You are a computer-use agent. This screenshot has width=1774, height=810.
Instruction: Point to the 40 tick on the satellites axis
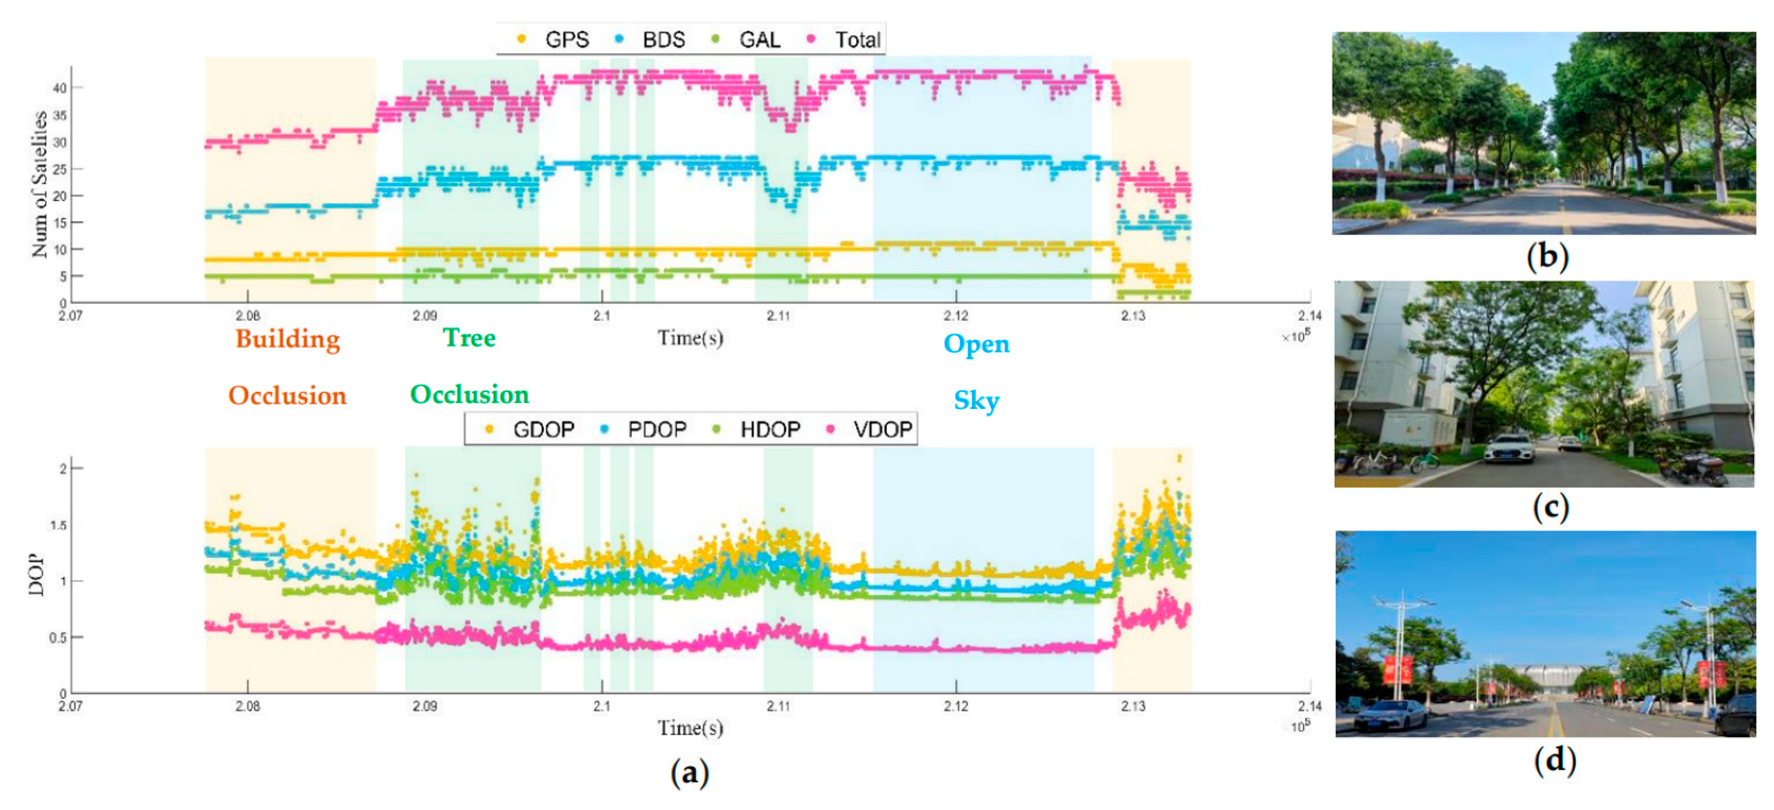(x=61, y=88)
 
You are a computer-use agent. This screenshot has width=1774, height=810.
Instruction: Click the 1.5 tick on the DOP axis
(x=59, y=525)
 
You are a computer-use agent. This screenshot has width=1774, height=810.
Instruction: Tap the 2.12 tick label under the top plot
(x=956, y=316)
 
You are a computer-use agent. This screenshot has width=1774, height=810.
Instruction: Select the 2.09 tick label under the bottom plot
(x=424, y=706)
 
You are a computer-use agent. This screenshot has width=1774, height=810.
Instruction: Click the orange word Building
(x=288, y=339)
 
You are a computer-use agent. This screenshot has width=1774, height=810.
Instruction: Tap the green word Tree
(x=469, y=338)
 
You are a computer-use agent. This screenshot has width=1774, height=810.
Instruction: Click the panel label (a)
(x=690, y=772)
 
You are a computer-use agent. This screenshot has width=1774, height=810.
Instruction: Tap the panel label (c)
(x=1550, y=507)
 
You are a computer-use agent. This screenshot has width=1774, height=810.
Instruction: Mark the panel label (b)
(x=1547, y=256)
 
